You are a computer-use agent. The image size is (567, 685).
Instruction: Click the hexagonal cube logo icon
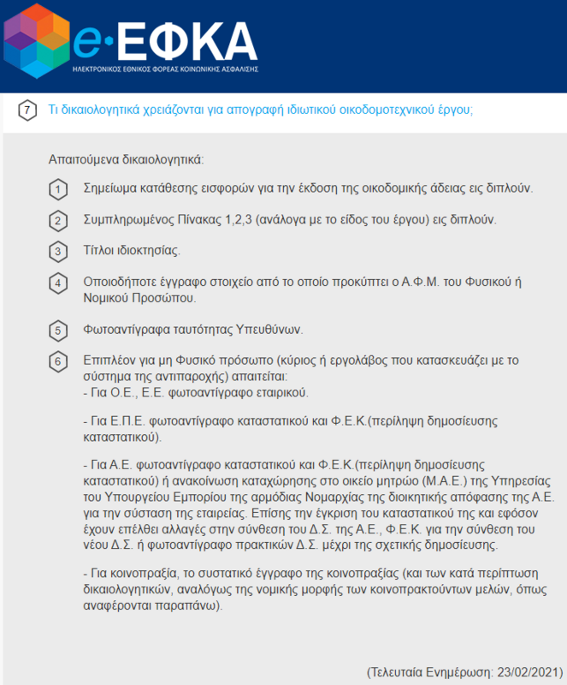(35, 41)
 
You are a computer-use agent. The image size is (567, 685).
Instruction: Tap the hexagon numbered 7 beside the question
(27, 110)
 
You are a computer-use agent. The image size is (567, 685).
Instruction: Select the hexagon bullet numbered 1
(57, 189)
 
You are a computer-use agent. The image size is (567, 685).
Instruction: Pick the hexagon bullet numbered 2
(57, 221)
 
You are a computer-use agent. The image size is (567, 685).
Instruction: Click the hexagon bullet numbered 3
(57, 252)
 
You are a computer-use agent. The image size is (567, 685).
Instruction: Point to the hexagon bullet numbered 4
(57, 283)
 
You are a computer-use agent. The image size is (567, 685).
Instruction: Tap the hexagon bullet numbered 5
(57, 331)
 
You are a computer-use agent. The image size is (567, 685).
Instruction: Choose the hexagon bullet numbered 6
(57, 360)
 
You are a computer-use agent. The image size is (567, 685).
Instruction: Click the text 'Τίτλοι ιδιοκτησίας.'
(131, 251)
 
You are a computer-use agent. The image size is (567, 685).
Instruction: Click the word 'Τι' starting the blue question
(53, 110)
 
